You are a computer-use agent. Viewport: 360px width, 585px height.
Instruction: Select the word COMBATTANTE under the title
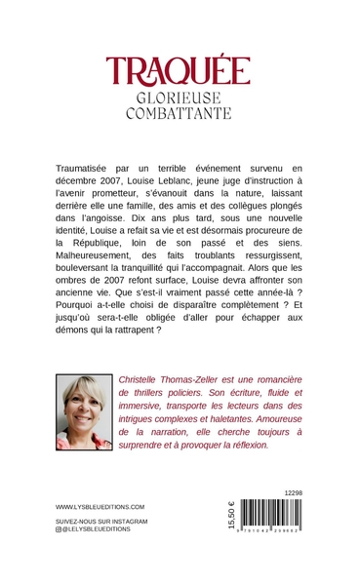tap(179, 113)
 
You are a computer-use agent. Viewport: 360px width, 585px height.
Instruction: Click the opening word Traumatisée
tap(93, 171)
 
